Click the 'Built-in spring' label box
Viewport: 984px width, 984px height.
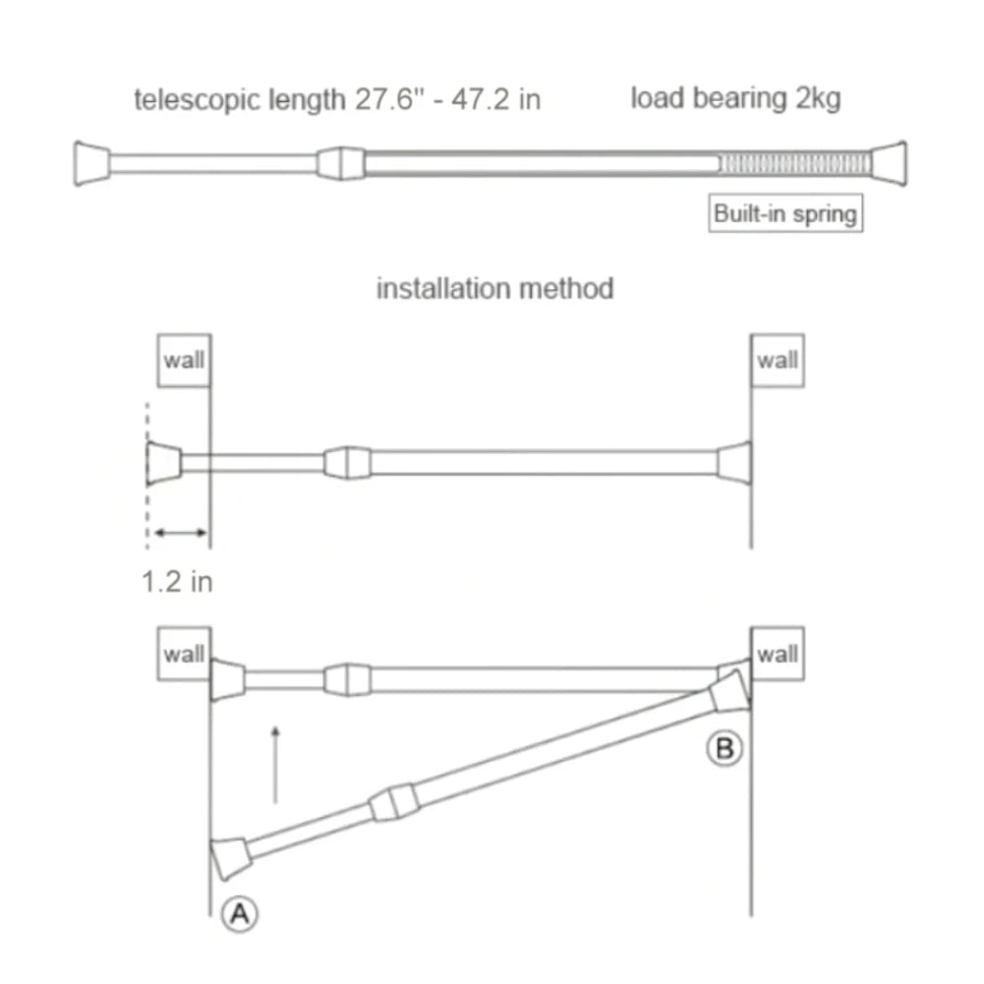tap(785, 213)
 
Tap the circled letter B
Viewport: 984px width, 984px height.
tap(724, 749)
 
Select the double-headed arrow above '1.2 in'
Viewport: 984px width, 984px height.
tap(178, 533)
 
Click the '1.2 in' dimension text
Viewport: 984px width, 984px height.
tap(177, 581)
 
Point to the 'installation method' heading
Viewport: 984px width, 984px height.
tap(494, 288)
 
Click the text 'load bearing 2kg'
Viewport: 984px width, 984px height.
tap(735, 98)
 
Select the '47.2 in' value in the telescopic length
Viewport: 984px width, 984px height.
tap(495, 99)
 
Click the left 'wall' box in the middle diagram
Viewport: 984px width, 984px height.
tap(183, 360)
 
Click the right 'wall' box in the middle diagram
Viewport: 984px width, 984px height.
tap(777, 360)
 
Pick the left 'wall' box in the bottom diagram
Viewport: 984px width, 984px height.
tap(183, 654)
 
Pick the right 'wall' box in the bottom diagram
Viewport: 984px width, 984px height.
tap(777, 654)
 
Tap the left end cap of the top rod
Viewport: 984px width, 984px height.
tap(91, 163)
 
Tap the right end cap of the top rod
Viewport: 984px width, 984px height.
tap(889, 163)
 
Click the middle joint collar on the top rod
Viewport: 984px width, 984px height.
tap(338, 163)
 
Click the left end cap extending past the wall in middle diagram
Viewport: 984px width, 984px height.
tap(163, 463)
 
